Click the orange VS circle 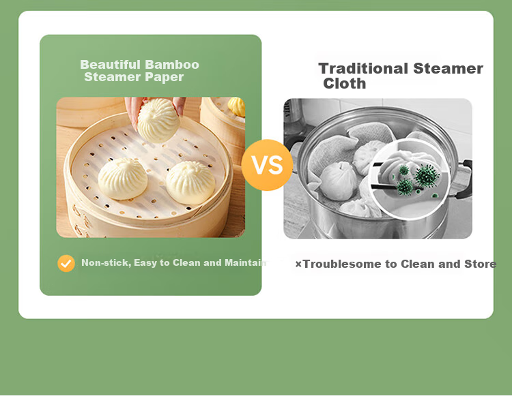(x=267, y=165)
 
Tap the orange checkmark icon (x=66, y=263)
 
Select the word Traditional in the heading (x=363, y=68)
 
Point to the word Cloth (x=345, y=83)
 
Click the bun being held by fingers (x=158, y=121)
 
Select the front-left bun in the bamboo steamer (x=123, y=179)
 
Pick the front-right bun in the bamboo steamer (x=190, y=182)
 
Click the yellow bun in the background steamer (x=236, y=106)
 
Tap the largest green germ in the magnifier (x=427, y=176)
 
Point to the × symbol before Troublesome (x=298, y=264)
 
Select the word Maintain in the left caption (x=245, y=262)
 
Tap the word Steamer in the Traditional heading (x=448, y=68)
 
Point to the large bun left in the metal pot (x=338, y=181)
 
